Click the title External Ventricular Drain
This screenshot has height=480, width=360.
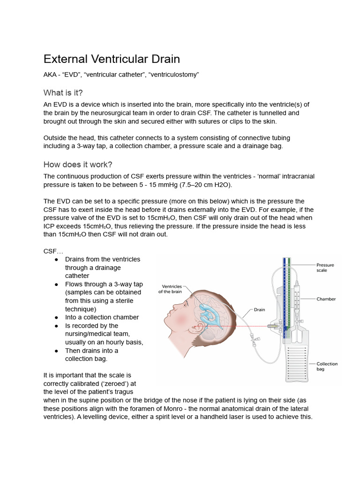pos(112,59)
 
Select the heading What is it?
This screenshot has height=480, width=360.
pos(63,92)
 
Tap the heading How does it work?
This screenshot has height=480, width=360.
pos(78,164)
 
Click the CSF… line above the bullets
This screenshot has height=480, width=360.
pos(53,251)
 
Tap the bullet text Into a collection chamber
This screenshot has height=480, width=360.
pos(102,317)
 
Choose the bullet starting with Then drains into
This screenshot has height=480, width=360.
pos(91,351)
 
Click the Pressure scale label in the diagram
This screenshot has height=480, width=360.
pos(325,268)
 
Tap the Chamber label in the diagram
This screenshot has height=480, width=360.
pos(326,299)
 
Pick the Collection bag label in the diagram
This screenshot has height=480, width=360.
pos(327,367)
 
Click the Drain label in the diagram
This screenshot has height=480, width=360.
pos(260,310)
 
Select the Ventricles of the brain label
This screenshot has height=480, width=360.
pos(172,289)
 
